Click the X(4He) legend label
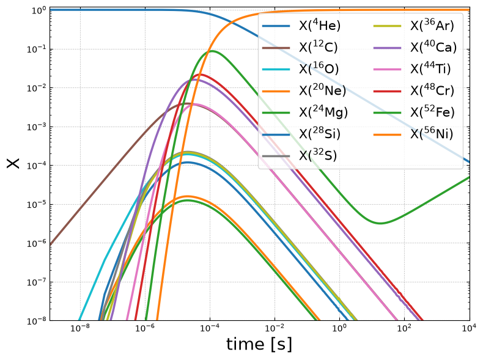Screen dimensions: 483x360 click(x=320, y=26)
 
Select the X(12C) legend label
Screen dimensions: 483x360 click(x=318, y=48)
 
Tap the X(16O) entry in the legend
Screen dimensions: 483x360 click(x=319, y=69)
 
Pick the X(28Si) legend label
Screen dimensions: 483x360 click(x=320, y=134)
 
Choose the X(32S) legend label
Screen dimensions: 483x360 click(x=318, y=155)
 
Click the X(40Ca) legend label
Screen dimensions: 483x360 click(x=433, y=48)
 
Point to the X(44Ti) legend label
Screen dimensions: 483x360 click(x=430, y=69)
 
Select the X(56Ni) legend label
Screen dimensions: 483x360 click(x=432, y=134)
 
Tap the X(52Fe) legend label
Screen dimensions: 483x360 click(x=432, y=112)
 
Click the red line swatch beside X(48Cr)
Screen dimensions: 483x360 click(x=387, y=91)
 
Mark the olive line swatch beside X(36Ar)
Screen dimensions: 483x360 click(x=387, y=26)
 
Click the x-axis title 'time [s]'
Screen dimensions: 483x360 click(x=259, y=344)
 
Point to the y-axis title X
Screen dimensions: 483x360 click(x=13, y=163)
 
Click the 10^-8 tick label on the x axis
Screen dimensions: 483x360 click(x=79, y=328)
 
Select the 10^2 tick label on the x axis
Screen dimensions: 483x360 click(x=404, y=328)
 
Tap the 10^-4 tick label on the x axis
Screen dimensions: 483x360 click(x=210, y=328)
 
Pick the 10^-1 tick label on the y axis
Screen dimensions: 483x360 click(x=36, y=49)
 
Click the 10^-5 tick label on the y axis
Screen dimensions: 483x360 click(x=36, y=205)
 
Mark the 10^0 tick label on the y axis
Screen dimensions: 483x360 click(x=39, y=10)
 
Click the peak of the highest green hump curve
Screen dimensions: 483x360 click(x=212, y=51)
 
